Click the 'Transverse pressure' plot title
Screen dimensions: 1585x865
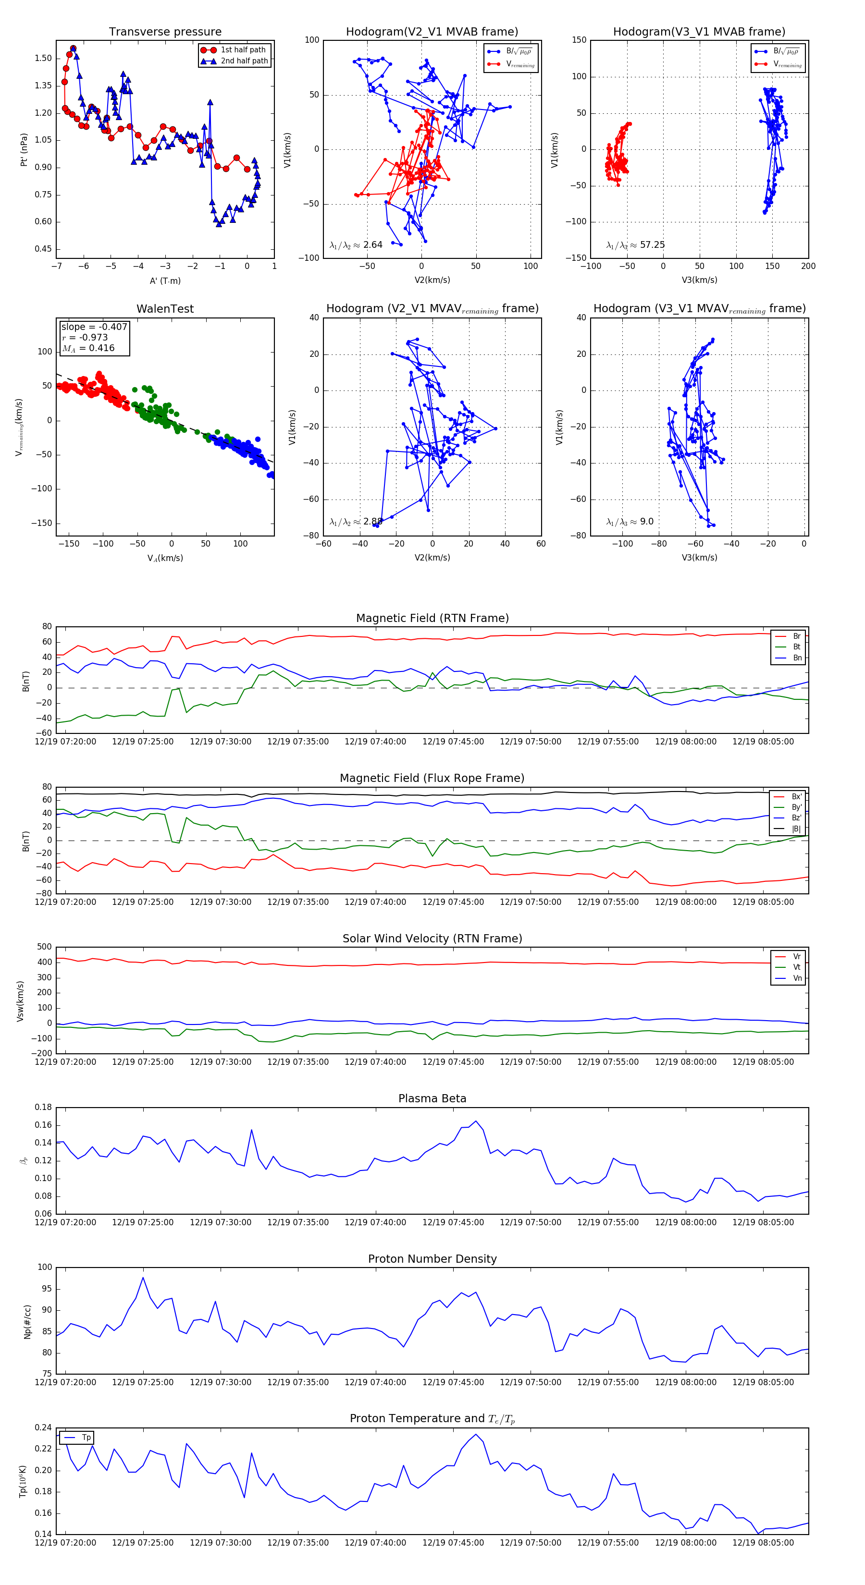(x=165, y=32)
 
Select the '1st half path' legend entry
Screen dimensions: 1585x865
(x=243, y=50)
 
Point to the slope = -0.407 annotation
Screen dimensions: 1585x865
(x=94, y=327)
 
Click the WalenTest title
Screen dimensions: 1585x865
(x=165, y=309)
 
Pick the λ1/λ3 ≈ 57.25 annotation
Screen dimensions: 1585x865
(x=635, y=245)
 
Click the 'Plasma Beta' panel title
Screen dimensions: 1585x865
(x=432, y=1098)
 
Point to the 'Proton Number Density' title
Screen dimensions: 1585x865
(x=432, y=1259)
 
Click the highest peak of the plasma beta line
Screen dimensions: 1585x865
(x=476, y=1121)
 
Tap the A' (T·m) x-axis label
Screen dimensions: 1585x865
(x=165, y=280)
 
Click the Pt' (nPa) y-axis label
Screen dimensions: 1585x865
(x=24, y=149)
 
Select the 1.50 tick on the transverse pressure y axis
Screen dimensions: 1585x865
(x=43, y=59)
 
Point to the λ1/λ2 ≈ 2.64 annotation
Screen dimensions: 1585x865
(x=356, y=245)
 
